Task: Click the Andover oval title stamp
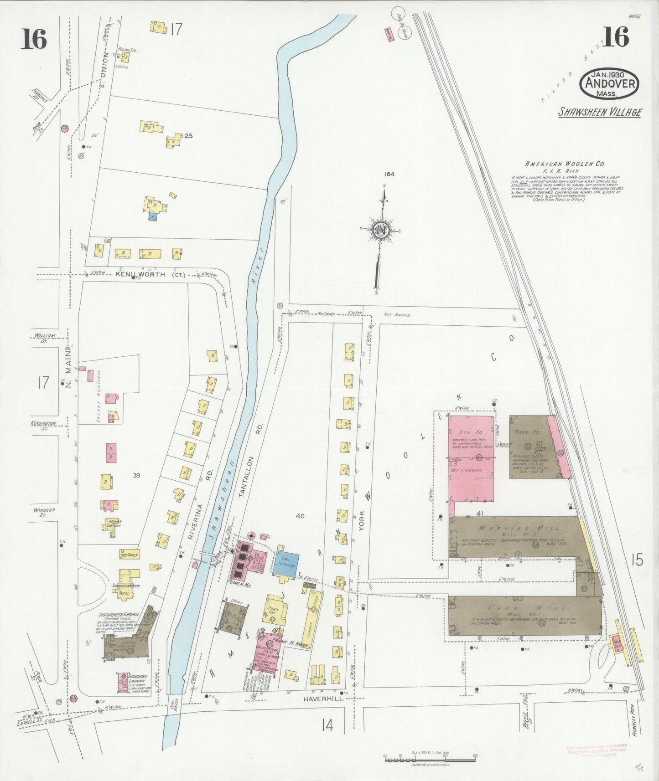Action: click(x=609, y=84)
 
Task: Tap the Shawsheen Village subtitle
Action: click(x=600, y=112)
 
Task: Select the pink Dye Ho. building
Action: click(x=471, y=437)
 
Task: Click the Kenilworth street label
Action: click(x=137, y=274)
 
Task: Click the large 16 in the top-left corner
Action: click(x=33, y=39)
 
